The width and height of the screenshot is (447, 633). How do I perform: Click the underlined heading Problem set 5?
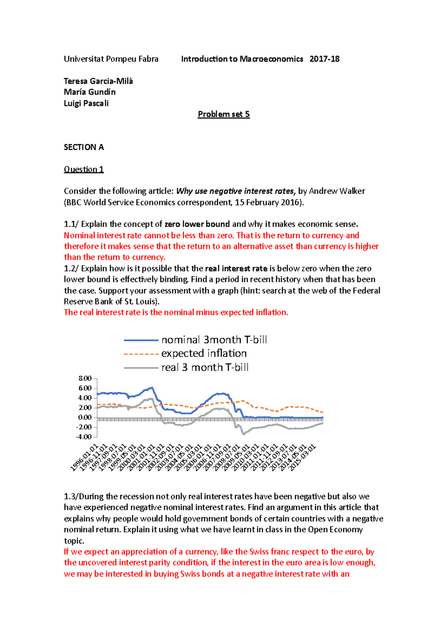(x=223, y=114)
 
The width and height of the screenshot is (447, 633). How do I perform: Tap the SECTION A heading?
(x=84, y=147)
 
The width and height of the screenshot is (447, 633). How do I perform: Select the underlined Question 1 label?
(x=84, y=169)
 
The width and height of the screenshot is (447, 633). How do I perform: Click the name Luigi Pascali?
(x=86, y=103)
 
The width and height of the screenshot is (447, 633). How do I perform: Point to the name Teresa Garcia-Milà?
(x=98, y=81)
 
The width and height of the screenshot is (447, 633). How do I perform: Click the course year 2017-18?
(x=324, y=59)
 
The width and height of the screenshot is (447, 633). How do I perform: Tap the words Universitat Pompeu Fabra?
(x=111, y=59)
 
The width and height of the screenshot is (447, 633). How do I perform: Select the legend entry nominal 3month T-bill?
(x=214, y=340)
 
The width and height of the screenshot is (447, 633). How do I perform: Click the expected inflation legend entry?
(x=204, y=353)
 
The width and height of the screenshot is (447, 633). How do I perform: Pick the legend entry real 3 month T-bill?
(x=205, y=367)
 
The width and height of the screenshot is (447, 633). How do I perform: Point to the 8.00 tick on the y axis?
(x=85, y=378)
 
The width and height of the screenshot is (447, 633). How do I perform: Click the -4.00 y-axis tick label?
(x=84, y=437)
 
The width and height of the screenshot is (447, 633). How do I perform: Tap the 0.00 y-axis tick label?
(x=85, y=417)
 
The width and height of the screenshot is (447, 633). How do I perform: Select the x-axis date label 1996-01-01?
(x=84, y=457)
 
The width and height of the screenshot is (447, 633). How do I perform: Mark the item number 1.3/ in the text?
(x=71, y=497)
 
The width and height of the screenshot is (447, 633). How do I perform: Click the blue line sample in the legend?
(x=141, y=340)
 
